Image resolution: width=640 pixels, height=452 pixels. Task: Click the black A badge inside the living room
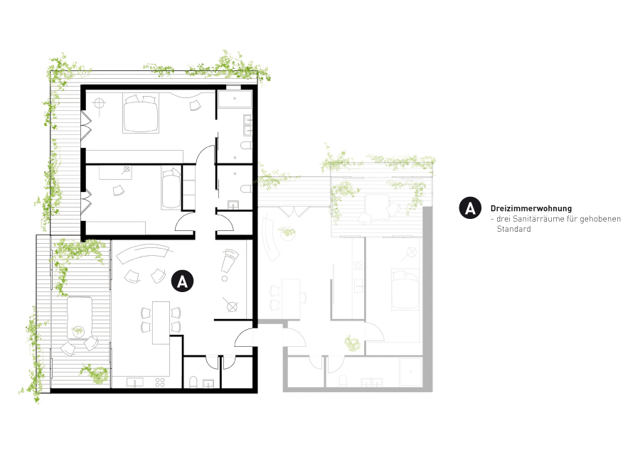[182, 281]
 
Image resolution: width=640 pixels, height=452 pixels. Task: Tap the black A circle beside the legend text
[470, 208]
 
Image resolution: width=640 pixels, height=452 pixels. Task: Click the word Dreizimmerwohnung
[531, 208]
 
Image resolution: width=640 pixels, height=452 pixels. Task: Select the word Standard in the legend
[513, 229]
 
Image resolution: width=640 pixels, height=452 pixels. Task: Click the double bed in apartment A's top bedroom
[141, 114]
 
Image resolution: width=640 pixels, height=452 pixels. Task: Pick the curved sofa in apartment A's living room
[143, 252]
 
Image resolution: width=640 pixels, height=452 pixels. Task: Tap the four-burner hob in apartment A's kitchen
[160, 382]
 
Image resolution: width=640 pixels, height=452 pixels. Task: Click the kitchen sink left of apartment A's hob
[134, 382]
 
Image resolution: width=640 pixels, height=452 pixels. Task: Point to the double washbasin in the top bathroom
[247, 125]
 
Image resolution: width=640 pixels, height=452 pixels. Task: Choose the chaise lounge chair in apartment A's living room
[228, 260]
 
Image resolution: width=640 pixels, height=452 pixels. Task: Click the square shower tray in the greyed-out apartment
[410, 372]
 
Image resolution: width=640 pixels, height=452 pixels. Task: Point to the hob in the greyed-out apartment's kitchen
[358, 266]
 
